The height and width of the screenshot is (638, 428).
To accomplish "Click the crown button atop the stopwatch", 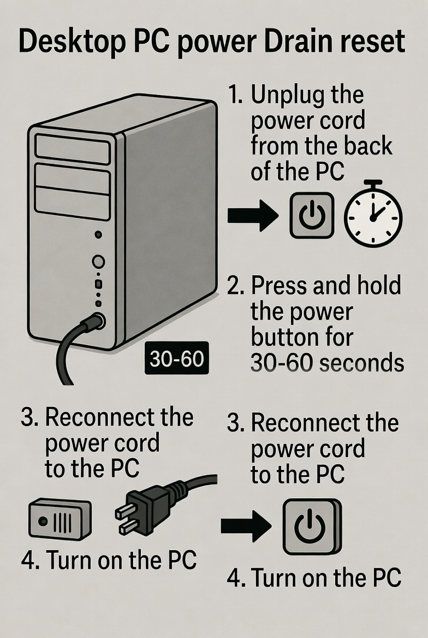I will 373,183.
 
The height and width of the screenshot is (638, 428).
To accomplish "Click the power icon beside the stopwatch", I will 311,216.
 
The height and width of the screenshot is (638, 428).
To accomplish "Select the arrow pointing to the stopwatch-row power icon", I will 252,216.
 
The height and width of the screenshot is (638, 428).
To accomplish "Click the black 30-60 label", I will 176,359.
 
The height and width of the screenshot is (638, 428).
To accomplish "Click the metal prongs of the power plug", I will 127,519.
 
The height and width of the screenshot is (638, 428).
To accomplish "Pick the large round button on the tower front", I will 98,262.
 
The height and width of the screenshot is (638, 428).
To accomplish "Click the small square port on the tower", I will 98,284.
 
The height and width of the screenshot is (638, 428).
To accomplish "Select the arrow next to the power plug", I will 246,527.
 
